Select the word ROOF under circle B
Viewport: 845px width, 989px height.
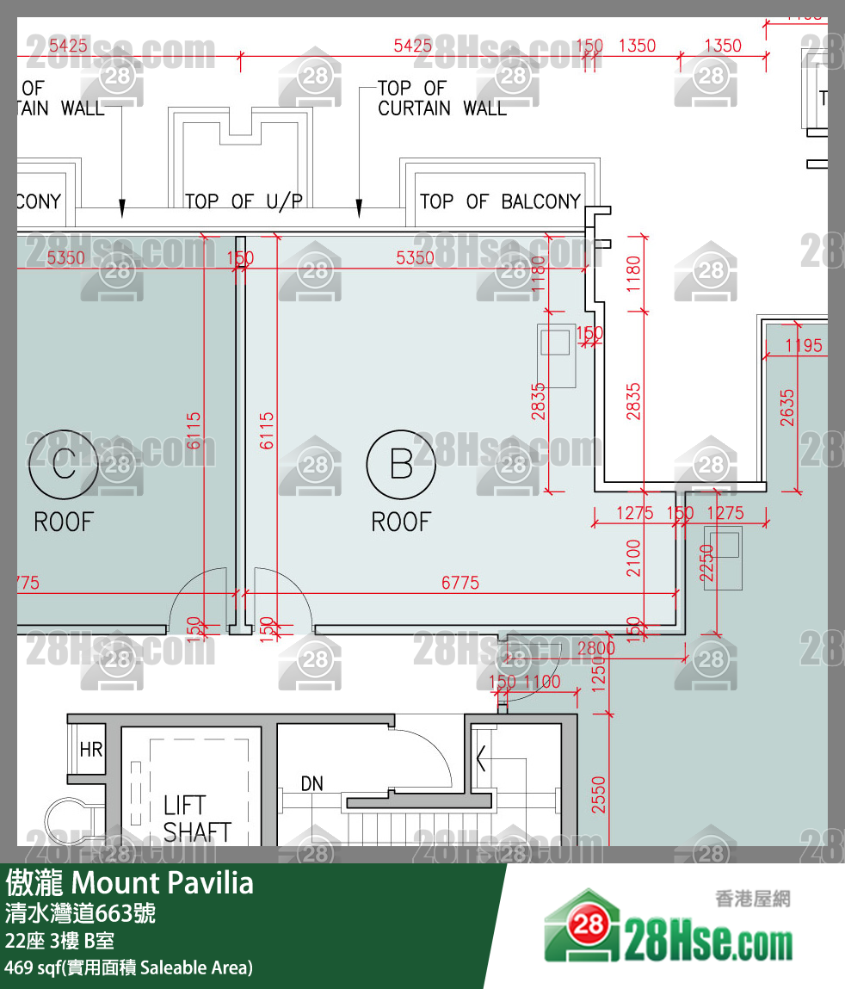401,522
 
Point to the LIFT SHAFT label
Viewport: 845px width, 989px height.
197,819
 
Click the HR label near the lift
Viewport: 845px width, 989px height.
91,750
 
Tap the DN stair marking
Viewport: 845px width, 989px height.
311,783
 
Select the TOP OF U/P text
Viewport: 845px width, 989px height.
244,201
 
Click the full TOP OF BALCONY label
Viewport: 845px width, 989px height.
500,201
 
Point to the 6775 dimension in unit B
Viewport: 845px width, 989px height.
460,583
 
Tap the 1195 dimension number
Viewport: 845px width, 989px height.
804,346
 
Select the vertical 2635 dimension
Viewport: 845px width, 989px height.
788,408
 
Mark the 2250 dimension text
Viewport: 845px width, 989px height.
707,563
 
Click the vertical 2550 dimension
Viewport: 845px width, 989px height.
599,794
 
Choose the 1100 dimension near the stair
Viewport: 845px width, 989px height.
542,682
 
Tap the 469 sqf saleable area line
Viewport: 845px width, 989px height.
129,967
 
